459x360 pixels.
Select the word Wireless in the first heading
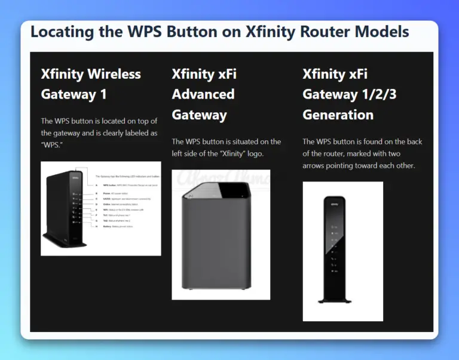click(114, 74)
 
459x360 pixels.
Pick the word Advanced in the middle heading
click(203, 94)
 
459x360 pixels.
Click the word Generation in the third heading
click(338, 115)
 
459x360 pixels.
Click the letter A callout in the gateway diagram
click(96, 186)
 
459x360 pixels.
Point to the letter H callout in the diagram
click(96, 226)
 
